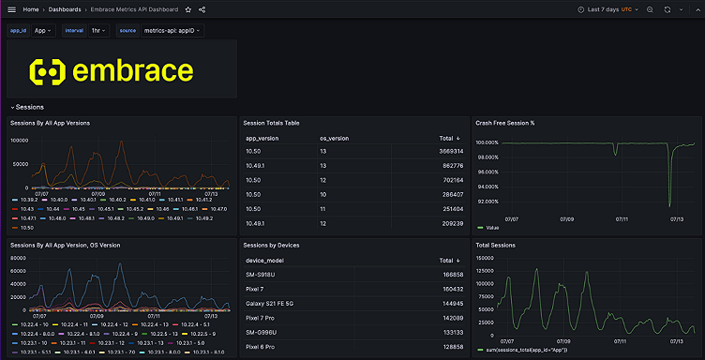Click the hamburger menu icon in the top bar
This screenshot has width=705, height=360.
point(11,8)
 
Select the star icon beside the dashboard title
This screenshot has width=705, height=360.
point(188,8)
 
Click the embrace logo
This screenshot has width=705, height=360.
point(111,70)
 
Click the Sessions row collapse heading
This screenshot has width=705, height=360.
point(29,107)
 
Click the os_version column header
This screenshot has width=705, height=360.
point(334,137)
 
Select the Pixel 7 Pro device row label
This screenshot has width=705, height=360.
point(264,318)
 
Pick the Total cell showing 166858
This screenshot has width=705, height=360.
point(452,275)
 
